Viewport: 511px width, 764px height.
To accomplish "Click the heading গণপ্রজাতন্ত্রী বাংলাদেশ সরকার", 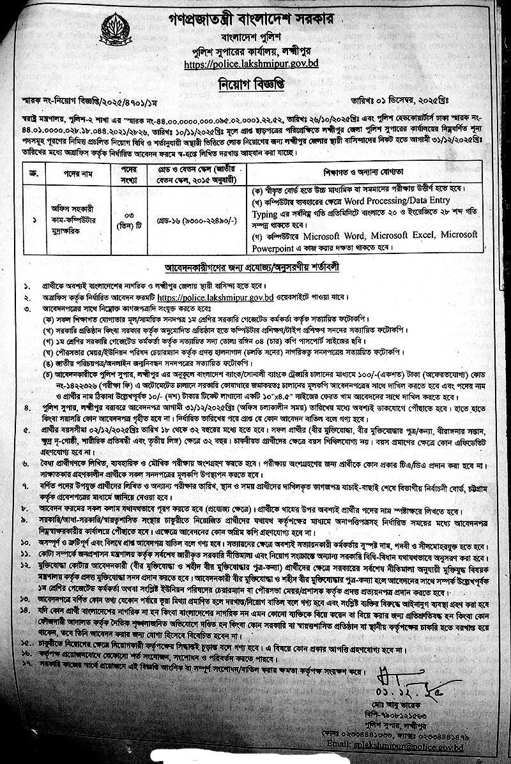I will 255,15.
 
